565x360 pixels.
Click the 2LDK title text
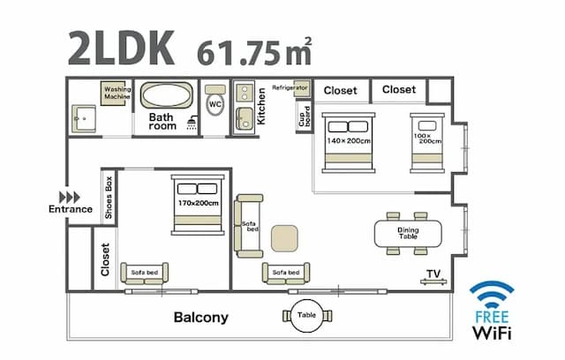(x=121, y=49)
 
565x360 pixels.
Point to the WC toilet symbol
(x=215, y=104)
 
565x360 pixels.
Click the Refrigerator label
(x=289, y=88)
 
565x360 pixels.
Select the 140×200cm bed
(x=346, y=140)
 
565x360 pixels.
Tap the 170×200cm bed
(x=198, y=204)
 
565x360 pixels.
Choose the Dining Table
(x=408, y=234)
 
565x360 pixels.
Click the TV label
(x=433, y=274)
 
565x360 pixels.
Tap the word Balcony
(x=200, y=317)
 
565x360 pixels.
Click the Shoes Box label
(x=109, y=197)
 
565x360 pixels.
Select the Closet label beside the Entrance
(x=105, y=259)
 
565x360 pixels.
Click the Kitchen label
(x=261, y=105)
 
